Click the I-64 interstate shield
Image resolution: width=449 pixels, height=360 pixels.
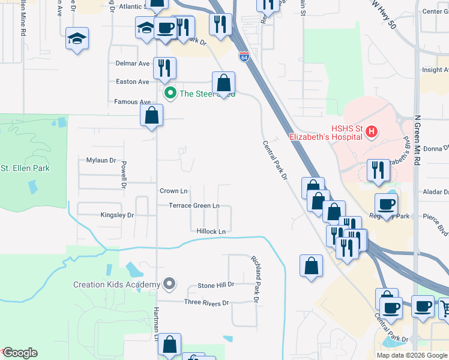244,57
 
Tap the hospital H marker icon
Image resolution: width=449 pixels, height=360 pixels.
372,131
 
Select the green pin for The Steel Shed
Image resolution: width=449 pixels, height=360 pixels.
170,93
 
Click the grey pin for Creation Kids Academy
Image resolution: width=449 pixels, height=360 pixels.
170,284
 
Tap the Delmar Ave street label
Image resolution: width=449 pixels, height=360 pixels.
132,63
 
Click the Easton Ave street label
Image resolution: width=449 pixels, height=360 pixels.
132,82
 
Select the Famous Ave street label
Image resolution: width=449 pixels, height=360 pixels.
132,102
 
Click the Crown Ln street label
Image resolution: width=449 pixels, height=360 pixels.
173,191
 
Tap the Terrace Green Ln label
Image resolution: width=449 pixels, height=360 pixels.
194,205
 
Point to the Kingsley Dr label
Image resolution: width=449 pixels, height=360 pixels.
117,214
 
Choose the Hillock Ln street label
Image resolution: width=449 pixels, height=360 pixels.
211,231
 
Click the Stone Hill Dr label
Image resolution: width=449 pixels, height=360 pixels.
215,285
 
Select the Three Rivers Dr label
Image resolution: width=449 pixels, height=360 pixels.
206,303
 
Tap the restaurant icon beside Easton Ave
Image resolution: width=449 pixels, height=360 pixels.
163,68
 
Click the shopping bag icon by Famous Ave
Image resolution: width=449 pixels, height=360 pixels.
152,115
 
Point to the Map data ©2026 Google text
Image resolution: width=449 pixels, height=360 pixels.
412,355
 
